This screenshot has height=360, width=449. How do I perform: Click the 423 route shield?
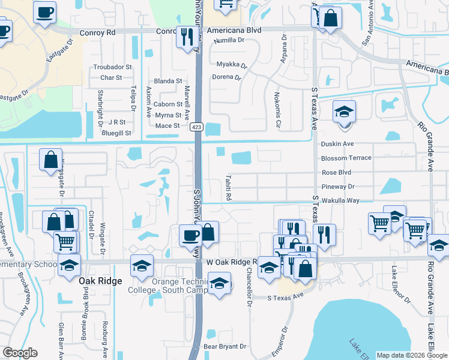tap(196, 127)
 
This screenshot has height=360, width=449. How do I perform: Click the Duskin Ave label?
tap(337, 144)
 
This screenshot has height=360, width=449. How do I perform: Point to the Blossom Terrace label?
tap(346, 158)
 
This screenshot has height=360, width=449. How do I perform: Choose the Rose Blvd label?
tap(336, 172)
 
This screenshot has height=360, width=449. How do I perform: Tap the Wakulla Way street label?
tap(340, 200)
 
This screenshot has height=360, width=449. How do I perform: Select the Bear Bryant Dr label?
tap(226, 346)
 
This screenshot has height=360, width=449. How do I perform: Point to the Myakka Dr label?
tap(232, 64)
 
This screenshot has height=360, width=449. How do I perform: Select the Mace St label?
tap(167, 125)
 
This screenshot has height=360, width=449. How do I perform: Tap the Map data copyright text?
tap(411, 355)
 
